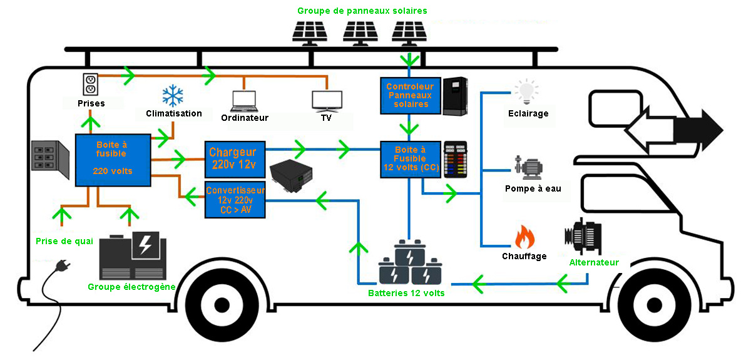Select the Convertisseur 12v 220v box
pyautogui.click(x=235, y=200)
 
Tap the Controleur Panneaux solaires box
pyautogui.click(x=409, y=96)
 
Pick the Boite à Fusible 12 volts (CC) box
pyautogui.click(x=410, y=159)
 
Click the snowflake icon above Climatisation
pyautogui.click(x=173, y=96)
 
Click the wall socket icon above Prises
pyautogui.click(x=91, y=82)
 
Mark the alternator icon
pyautogui.click(x=583, y=238)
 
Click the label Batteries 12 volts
pyautogui.click(x=406, y=292)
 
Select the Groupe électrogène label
pyautogui.click(x=131, y=287)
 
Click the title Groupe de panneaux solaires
pyautogui.click(x=362, y=11)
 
